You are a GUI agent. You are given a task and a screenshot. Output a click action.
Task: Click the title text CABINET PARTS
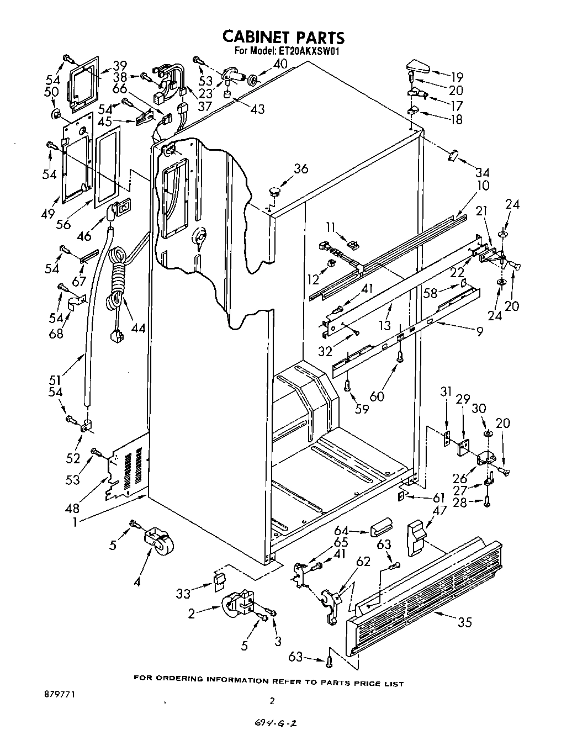(283, 37)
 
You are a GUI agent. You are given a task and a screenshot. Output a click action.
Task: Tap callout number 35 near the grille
(465, 622)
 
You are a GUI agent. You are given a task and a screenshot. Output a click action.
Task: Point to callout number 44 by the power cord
(138, 328)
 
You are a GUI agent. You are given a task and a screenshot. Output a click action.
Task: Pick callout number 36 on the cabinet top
(300, 170)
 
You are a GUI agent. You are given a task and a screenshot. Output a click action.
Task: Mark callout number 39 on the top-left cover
(120, 63)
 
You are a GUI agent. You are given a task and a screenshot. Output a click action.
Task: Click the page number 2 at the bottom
(271, 701)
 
